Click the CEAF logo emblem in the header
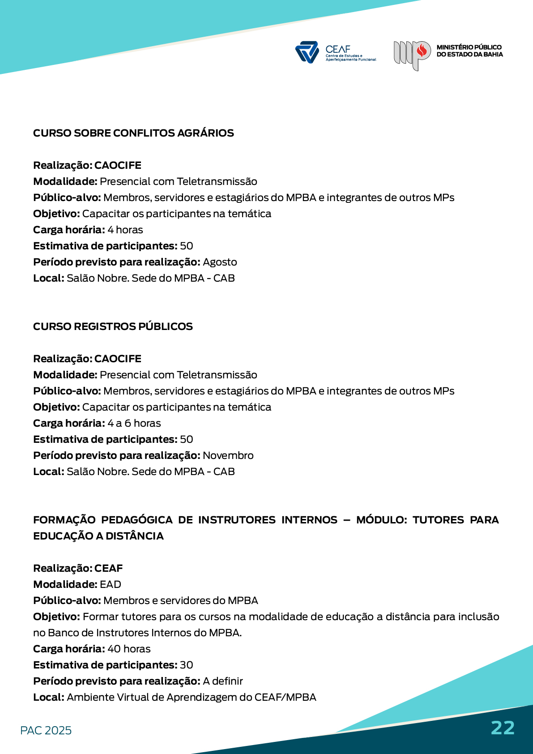point(307,52)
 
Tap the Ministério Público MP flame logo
point(412,55)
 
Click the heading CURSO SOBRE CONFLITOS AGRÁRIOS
point(133,133)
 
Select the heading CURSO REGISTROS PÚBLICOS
point(113,326)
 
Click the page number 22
point(503,728)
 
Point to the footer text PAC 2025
point(46,730)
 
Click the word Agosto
point(220,262)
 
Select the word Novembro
point(228,455)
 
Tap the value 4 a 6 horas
point(134,423)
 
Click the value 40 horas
point(129,649)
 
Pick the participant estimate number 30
point(186,665)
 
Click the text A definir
point(222,681)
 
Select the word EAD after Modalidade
point(111,584)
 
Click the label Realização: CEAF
point(78,568)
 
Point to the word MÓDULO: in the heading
point(381,520)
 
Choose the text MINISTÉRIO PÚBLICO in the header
point(469,47)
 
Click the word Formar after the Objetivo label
point(97,617)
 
